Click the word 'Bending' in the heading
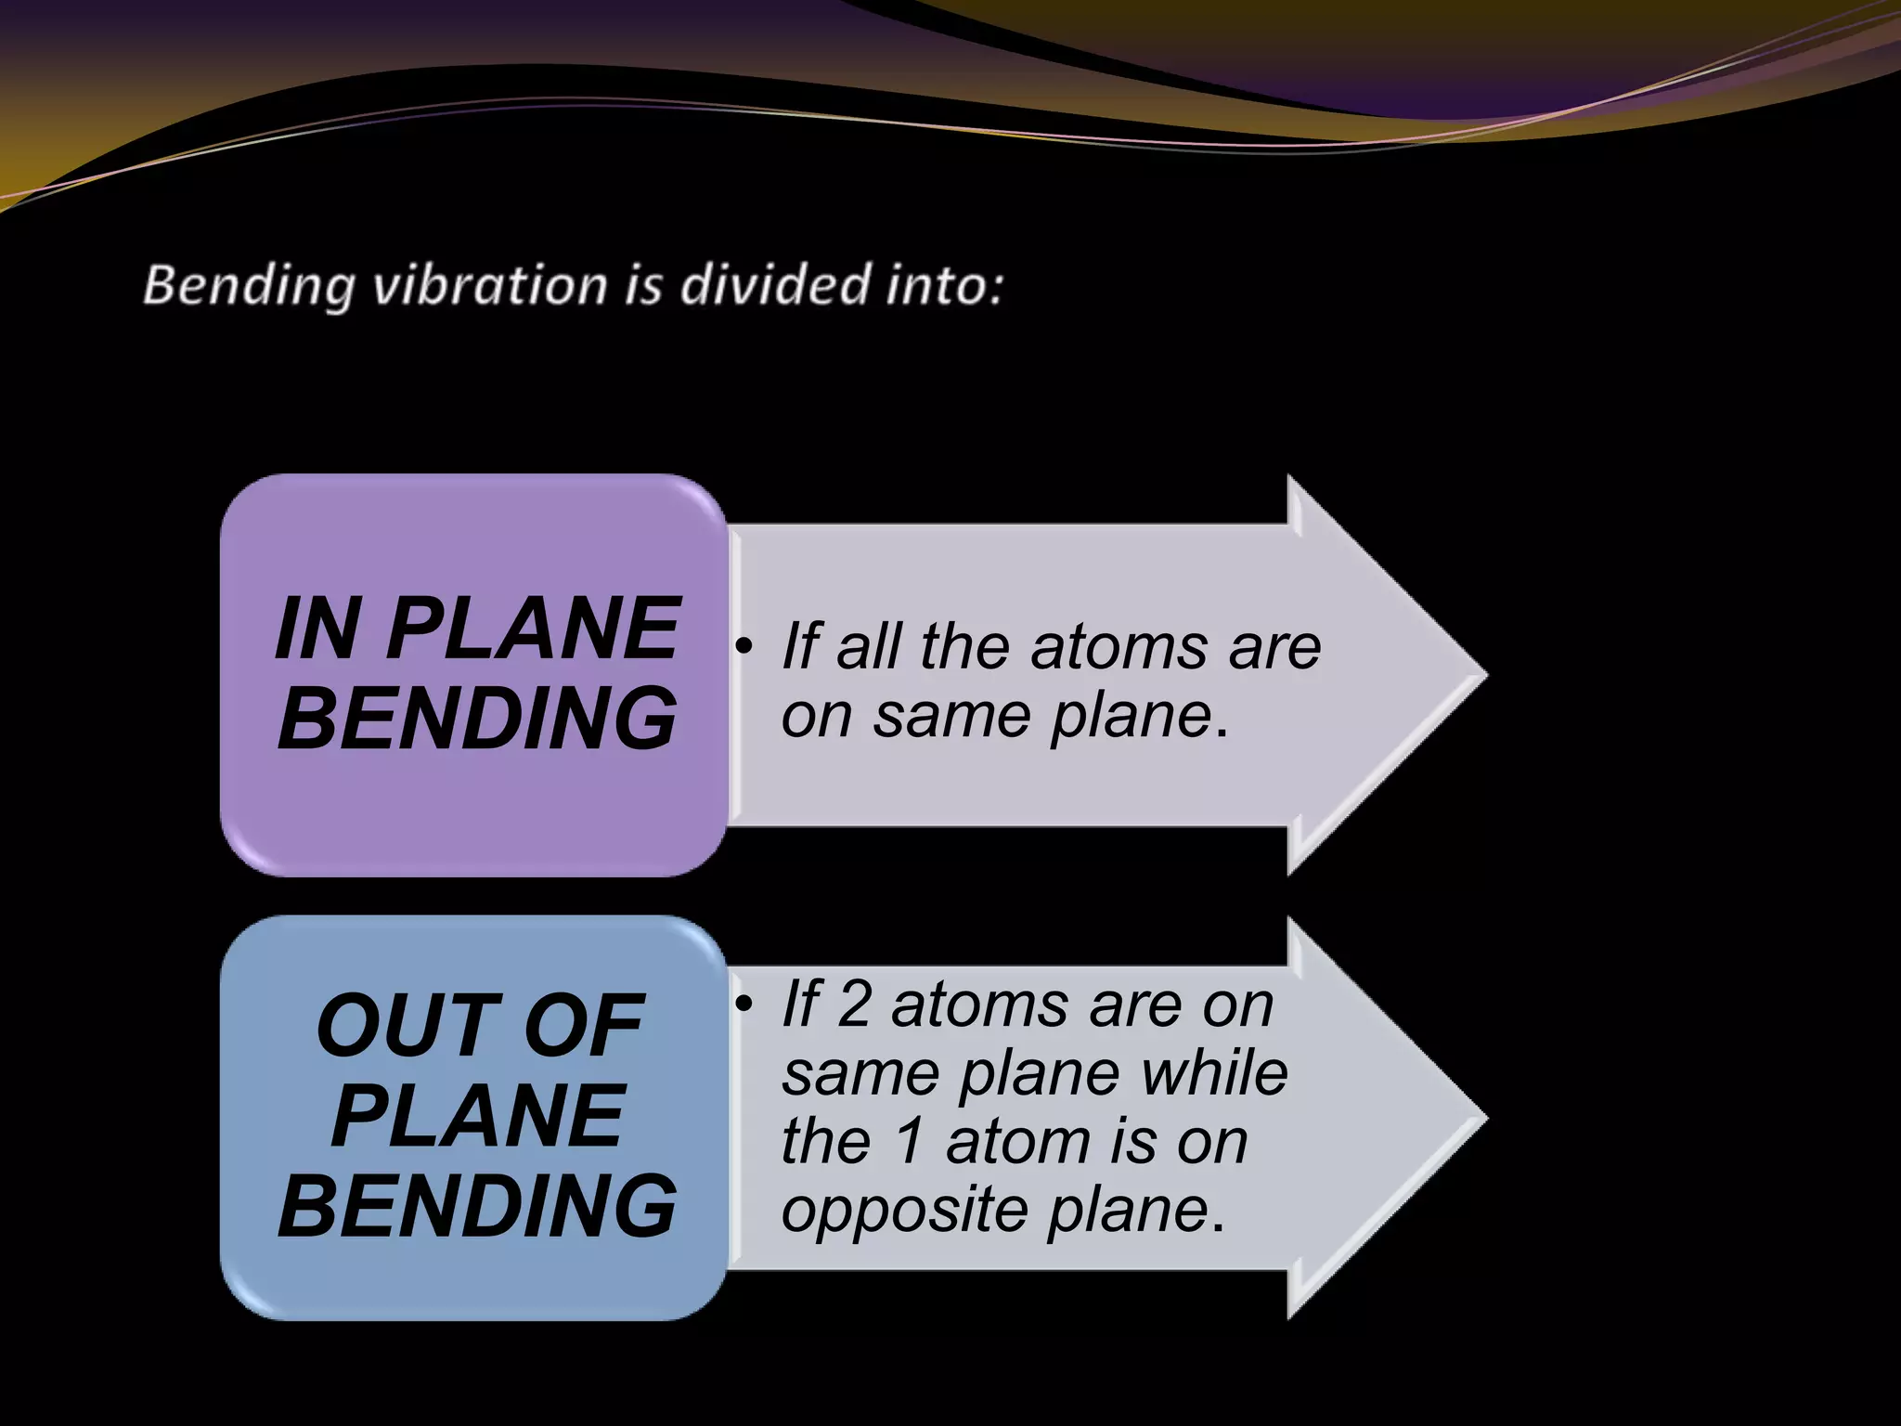point(249,285)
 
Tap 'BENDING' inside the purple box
point(476,719)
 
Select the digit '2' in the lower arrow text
point(854,1005)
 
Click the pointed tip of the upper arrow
point(1483,675)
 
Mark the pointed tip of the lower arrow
point(1483,1118)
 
